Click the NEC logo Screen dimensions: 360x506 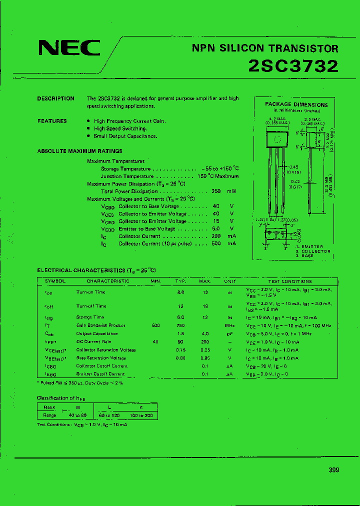tap(69, 48)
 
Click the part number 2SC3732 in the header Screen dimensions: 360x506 tap(293, 66)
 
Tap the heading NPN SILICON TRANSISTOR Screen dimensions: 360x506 tap(265, 48)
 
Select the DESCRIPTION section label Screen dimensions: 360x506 tap(55, 98)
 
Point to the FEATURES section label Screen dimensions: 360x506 tap(52, 121)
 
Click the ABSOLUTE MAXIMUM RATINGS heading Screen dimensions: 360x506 tap(79, 151)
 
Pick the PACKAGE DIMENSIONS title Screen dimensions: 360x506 tap(296, 104)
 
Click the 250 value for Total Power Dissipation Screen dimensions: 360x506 tap(216, 191)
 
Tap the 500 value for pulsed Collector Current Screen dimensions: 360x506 tap(216, 243)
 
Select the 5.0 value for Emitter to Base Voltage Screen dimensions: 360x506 tap(216, 228)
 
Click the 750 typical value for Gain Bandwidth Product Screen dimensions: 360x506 tap(180, 325)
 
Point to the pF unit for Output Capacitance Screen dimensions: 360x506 tap(229, 333)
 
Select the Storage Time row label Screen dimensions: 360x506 tap(90, 317)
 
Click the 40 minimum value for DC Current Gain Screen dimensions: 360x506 tap(155, 341)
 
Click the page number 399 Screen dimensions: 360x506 tap(334, 469)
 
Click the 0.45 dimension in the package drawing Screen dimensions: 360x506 tap(293, 167)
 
